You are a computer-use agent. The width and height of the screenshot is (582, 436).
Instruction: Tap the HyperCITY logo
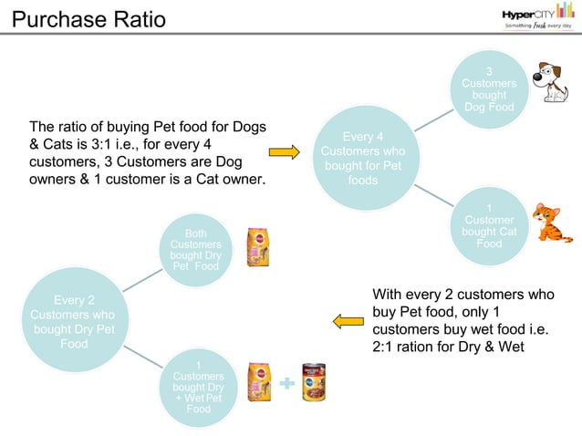click(x=535, y=19)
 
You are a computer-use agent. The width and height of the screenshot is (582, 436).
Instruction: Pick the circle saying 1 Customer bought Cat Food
click(x=488, y=226)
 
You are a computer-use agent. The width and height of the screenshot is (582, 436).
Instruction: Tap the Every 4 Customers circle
click(x=360, y=158)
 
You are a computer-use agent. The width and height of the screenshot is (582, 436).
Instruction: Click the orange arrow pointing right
click(x=285, y=152)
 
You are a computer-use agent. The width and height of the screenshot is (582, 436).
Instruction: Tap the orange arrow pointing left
click(x=347, y=320)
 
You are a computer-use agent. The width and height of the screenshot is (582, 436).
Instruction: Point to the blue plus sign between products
click(x=286, y=385)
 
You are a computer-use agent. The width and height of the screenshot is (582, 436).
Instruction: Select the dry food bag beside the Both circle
click(x=257, y=247)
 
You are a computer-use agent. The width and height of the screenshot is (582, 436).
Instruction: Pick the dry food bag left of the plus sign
click(x=258, y=383)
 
